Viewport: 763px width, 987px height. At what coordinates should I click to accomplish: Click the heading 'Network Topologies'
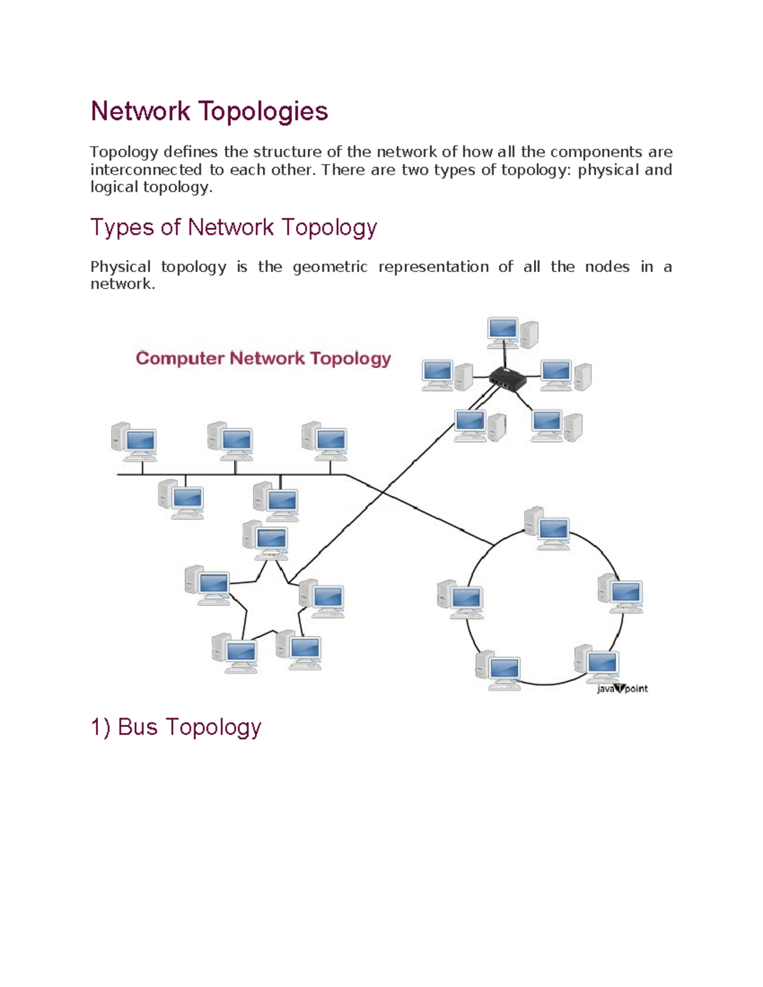pos(209,111)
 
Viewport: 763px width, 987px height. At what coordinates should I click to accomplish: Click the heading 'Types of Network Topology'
pos(233,227)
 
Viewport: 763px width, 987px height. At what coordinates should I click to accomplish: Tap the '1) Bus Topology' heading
pos(175,726)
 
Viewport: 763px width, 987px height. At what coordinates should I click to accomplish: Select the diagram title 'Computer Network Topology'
pos(263,358)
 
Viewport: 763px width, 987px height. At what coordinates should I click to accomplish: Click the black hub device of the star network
pos(507,379)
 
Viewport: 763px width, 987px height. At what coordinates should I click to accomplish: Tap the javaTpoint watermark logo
pos(622,688)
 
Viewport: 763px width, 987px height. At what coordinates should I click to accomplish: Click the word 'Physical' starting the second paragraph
pos(120,267)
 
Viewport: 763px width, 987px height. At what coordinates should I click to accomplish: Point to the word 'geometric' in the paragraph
pos(329,267)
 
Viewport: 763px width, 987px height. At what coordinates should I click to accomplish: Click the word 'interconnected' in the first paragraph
pos(146,170)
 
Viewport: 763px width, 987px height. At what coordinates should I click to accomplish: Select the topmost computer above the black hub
pos(512,334)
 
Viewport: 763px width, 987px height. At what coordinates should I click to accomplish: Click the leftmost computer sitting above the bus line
pos(134,441)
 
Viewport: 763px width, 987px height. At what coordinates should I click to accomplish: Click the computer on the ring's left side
pos(460,599)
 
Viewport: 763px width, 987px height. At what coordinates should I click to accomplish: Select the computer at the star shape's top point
pos(266,540)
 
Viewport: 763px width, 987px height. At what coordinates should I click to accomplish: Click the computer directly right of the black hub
pos(565,376)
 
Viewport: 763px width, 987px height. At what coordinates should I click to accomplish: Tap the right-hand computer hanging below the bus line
pos(276,501)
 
